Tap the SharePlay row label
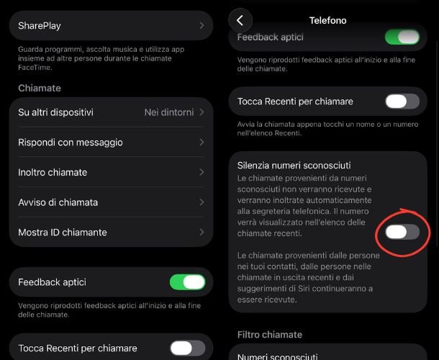40,26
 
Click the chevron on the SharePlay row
202,26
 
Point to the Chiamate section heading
40,88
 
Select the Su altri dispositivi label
55,112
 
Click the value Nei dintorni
169,112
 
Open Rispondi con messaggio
71,143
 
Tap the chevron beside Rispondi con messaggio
202,143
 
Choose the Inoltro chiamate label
53,173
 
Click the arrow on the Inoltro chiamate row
202,173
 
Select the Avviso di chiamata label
58,202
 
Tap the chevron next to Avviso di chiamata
202,202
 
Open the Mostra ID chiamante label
63,233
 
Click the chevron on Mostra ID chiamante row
202,233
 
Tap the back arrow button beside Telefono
240,20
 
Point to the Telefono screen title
327,20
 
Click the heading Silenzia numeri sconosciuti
299,166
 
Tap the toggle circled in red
402,232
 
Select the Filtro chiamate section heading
270,335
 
